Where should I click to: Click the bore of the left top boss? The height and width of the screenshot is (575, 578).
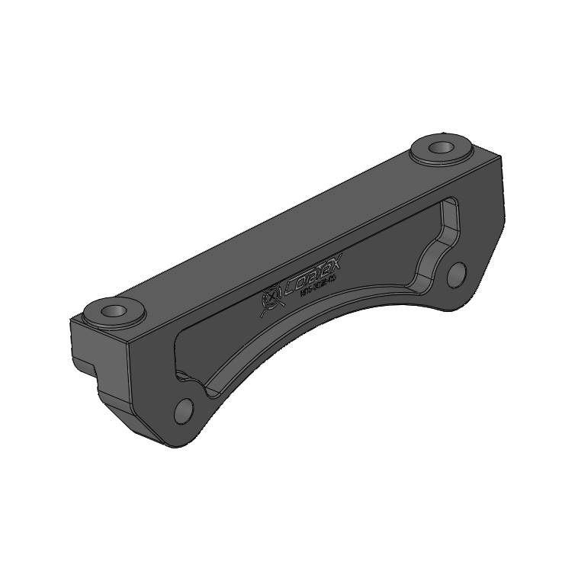tap(115, 311)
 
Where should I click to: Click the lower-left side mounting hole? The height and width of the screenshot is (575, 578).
tap(184, 411)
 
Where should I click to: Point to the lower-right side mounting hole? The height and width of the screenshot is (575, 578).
tap(456, 275)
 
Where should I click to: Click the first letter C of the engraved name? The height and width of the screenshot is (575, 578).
tap(292, 288)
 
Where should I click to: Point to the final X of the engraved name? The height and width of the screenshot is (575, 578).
tap(339, 264)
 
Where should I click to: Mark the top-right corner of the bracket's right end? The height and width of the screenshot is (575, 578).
tap(501, 156)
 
